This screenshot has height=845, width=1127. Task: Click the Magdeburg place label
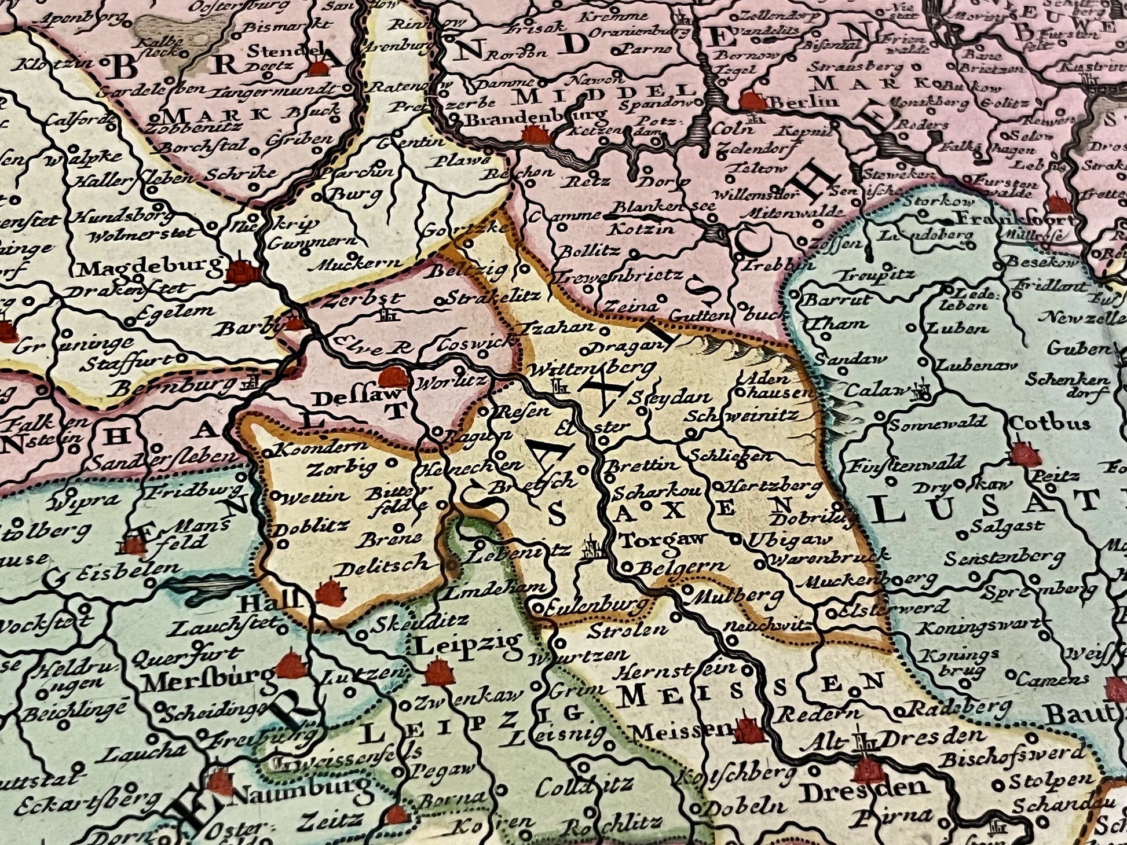(150, 268)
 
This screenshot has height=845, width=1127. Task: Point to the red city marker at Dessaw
(393, 377)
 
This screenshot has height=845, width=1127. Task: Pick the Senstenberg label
(1004, 558)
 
